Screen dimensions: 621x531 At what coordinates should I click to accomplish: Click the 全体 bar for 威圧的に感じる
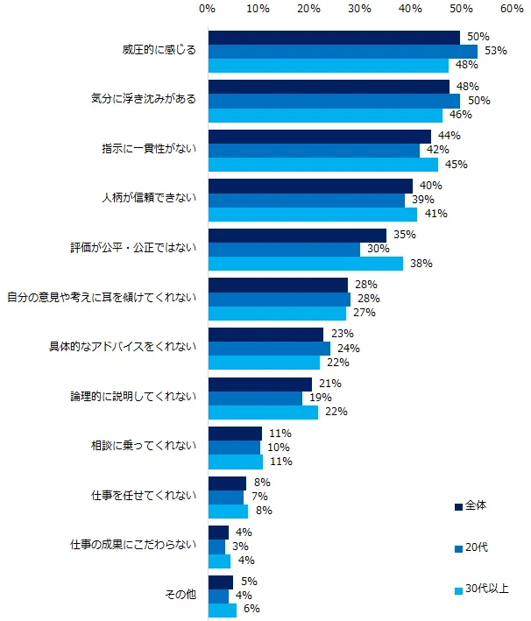[334, 37]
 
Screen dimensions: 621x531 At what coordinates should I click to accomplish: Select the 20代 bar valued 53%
[342, 51]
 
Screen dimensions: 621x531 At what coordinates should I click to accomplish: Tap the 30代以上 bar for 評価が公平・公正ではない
[305, 263]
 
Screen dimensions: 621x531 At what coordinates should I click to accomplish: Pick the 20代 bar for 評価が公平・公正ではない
[284, 249]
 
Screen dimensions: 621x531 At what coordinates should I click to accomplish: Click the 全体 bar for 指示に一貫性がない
[319, 136]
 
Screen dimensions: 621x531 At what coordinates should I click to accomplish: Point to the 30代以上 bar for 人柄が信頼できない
[312, 214]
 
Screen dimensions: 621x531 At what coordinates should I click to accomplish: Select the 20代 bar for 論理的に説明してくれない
[255, 398]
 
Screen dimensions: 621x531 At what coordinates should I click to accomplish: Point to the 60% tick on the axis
[512, 8]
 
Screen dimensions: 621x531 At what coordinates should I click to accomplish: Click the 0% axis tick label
[208, 8]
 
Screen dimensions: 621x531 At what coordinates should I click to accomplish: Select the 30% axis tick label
[359, 8]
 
